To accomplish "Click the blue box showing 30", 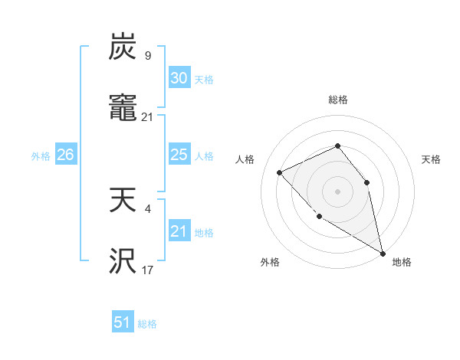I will (x=179, y=78).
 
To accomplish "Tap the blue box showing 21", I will (x=179, y=231).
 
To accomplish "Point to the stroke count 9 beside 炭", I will (x=148, y=55).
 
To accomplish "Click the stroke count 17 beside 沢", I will (x=148, y=270).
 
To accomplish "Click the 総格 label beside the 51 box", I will (x=147, y=324).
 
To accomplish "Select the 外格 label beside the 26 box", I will (x=41, y=156).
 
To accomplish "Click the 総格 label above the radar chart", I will (x=337, y=100).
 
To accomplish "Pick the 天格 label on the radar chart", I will (x=432, y=159).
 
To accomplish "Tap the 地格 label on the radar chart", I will (x=402, y=262).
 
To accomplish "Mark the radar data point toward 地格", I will (x=383, y=254).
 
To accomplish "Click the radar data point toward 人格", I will (x=280, y=172).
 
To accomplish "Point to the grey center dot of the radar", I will (x=337, y=191).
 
